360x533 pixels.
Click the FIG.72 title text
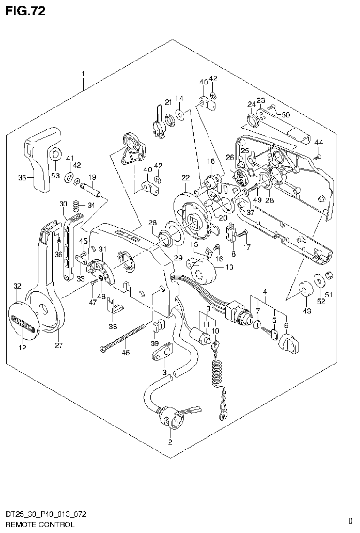pos(25,11)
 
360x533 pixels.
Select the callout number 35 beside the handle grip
pos(21,177)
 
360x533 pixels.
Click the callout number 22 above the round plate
pos(186,178)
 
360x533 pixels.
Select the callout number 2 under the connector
pos(170,442)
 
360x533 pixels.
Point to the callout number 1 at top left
pos(83,74)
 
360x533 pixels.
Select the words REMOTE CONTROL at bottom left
pos(38,525)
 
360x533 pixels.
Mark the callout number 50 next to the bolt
pos(286,114)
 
